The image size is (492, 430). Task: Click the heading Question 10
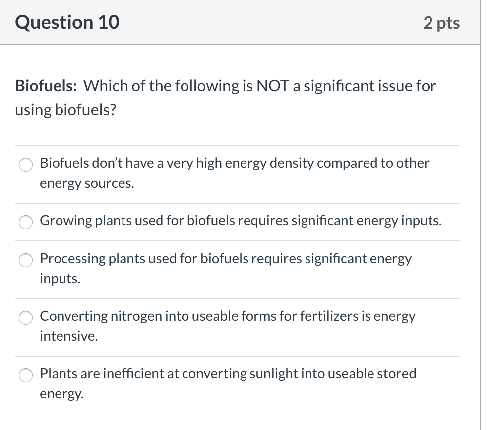tap(67, 22)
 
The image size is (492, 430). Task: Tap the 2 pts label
tap(442, 23)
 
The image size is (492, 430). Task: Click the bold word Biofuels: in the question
tap(46, 86)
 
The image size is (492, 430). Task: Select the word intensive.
tap(68, 336)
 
